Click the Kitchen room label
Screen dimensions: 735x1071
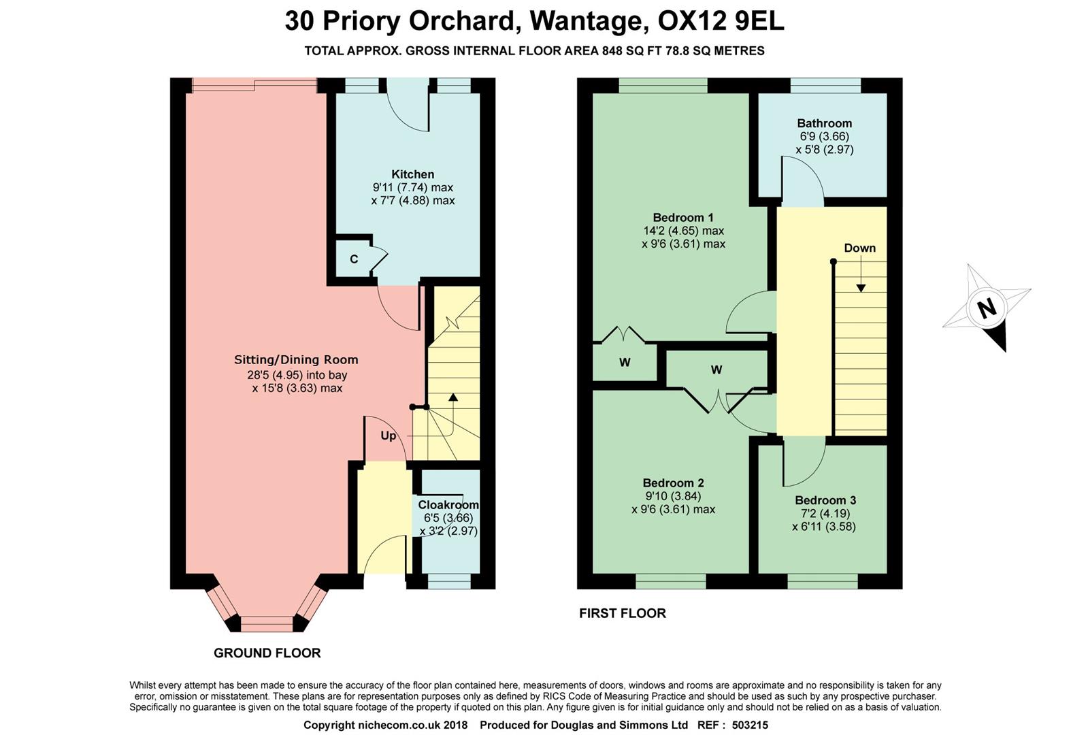(412, 174)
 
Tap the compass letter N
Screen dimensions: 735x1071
(986, 308)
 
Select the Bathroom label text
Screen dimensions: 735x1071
(824, 123)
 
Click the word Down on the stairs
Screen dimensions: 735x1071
(859, 248)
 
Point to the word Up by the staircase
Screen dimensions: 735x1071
(388, 436)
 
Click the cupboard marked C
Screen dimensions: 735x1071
(354, 259)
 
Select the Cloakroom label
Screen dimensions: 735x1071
(448, 505)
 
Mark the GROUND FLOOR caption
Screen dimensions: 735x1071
(267, 653)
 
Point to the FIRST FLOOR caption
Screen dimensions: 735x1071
(622, 613)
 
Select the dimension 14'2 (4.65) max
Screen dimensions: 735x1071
(683, 231)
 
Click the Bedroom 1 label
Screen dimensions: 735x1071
(682, 218)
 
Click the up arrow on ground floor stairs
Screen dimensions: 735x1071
(452, 398)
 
